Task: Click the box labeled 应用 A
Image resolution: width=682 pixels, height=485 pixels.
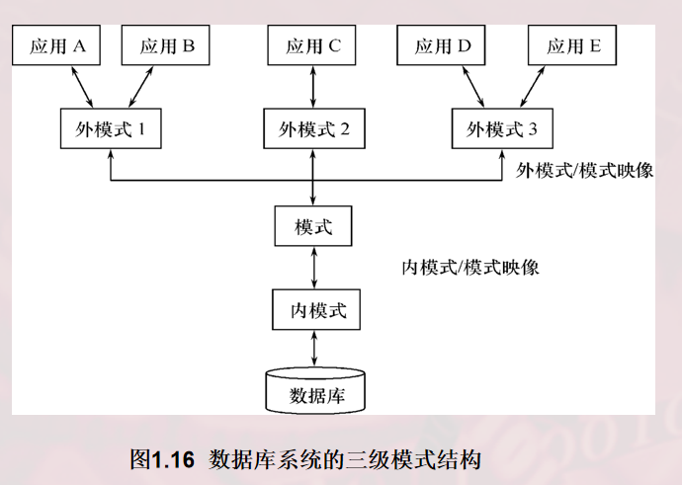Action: point(58,45)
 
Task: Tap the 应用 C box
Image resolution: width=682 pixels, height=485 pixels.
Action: point(313,45)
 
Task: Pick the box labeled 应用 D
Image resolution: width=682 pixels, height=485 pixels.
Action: point(443,45)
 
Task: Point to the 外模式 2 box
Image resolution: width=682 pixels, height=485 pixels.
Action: point(313,128)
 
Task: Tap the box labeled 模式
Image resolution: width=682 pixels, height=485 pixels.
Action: point(313,227)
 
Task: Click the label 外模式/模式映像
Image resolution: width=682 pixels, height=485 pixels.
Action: point(585,169)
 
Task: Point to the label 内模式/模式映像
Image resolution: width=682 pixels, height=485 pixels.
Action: point(469,268)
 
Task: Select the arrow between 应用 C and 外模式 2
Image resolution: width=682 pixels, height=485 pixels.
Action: point(313,87)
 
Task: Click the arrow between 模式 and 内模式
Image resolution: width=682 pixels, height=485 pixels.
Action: point(313,268)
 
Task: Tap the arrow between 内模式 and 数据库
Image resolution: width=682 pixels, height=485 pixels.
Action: point(313,349)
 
